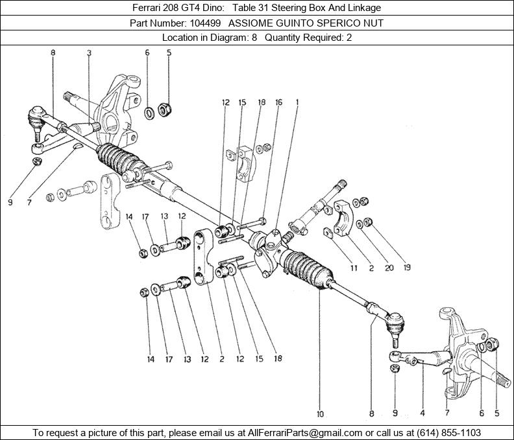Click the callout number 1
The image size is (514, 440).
[297, 102]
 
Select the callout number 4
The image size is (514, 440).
[422, 413]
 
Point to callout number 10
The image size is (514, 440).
[320, 413]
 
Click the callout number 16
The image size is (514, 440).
[278, 102]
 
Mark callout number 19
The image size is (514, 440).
[407, 267]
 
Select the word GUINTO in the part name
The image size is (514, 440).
[288, 23]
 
